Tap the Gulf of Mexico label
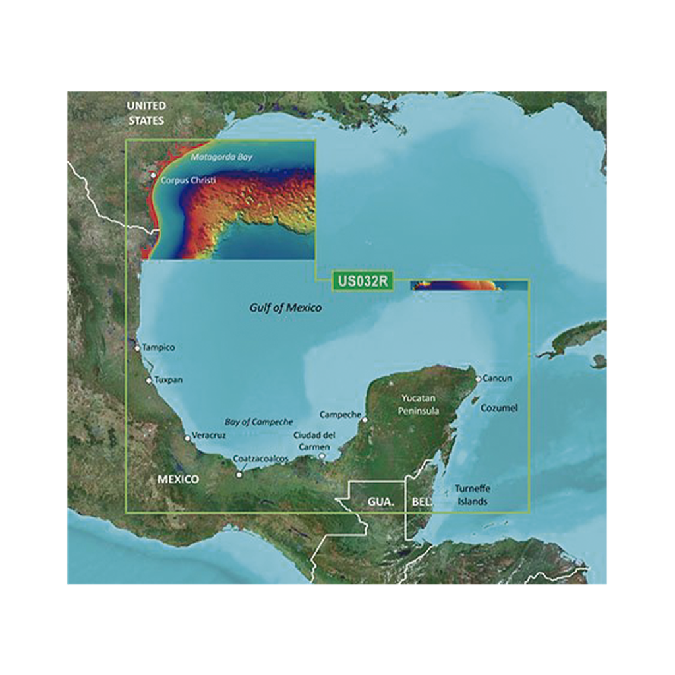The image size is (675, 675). pos(285,307)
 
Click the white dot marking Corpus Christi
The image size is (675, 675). pos(153,175)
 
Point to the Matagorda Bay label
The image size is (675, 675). pos(221,158)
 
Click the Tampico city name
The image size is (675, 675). pos(159,347)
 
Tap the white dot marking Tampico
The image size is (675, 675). pos(137,347)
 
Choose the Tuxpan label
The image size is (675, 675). pos(168,380)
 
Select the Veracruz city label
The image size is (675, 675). pos(209,436)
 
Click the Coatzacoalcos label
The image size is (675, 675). pos(261,459)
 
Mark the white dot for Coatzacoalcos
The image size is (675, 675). pos(239,473)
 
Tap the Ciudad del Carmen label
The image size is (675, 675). pos(314,440)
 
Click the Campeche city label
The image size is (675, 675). pos(340,415)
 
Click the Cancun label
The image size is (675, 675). pos(497,378)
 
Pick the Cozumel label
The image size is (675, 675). pos(499,408)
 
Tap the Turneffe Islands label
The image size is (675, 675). pos(473,495)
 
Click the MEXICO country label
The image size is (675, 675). pos(178,479)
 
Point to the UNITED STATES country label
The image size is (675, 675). pos(146,113)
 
